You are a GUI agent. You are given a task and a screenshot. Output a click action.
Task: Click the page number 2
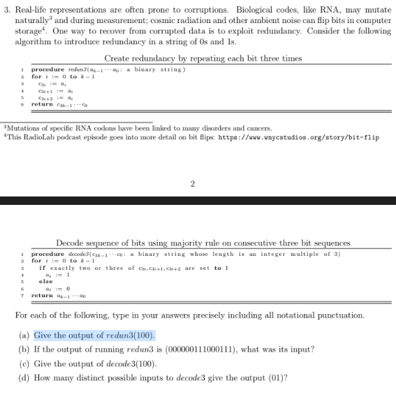pos(192,185)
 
